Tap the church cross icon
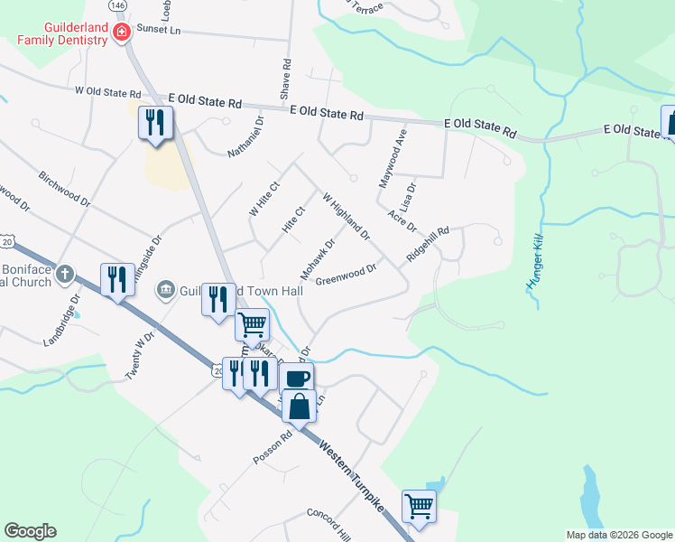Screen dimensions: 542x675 (x=64, y=273)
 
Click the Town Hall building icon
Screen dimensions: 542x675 (x=165, y=289)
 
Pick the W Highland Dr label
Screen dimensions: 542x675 (x=346, y=217)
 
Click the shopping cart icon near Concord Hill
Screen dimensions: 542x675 (x=420, y=505)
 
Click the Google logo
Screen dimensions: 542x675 (x=30, y=530)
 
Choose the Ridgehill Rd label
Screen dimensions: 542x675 (x=428, y=244)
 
